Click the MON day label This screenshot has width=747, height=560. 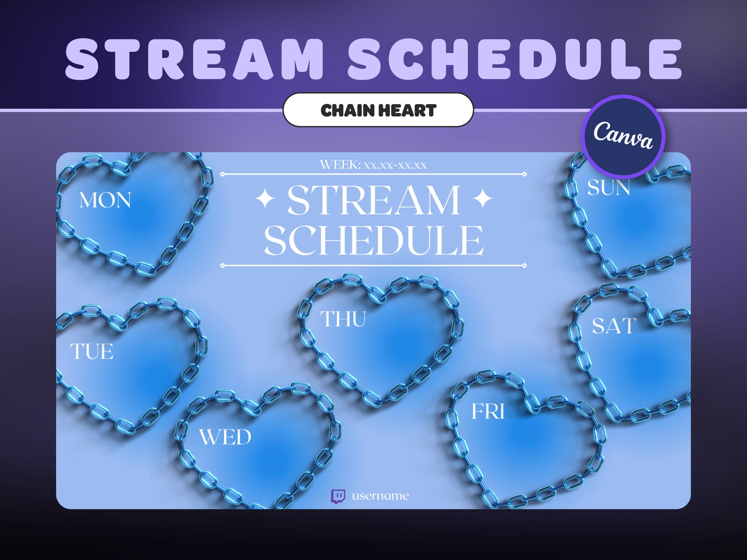click(105, 200)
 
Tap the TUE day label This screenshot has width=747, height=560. click(91, 351)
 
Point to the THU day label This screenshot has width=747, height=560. click(343, 319)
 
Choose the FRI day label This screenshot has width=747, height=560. click(488, 411)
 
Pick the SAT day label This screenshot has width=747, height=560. click(614, 326)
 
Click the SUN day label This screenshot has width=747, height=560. click(608, 188)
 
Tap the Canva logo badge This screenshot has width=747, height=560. click(623, 137)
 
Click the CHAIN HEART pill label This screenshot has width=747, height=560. click(378, 110)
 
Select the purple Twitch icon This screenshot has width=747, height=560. click(338, 496)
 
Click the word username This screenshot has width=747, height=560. click(380, 496)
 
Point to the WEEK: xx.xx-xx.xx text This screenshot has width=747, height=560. click(373, 165)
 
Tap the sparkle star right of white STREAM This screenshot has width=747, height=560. click(483, 199)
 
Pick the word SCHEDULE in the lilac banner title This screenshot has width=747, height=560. click(515, 59)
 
